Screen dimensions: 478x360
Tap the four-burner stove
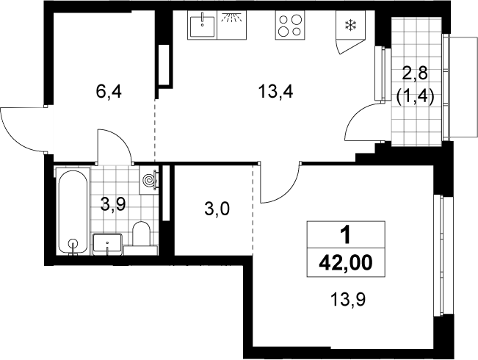pos(290,25)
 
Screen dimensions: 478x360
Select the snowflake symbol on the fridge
pos(350,25)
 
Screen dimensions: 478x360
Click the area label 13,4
pos(275,92)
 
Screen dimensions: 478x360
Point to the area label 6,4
pos(109,92)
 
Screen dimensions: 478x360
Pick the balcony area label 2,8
pos(415,73)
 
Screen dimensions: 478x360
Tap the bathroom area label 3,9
pos(113,205)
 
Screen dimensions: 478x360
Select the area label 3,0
pos(217,209)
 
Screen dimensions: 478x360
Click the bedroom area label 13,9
pos(348,300)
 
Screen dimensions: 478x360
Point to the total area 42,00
pos(346,263)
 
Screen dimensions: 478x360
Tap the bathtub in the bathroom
pos(73,211)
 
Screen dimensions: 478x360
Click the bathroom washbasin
pos(107,244)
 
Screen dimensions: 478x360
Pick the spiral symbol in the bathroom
pos(150,180)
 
